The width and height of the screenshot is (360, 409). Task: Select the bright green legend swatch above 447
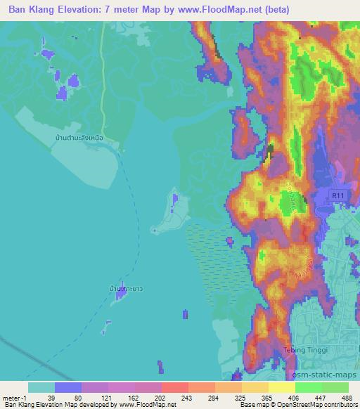(308, 387)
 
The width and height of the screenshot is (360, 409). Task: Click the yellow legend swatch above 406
(281, 387)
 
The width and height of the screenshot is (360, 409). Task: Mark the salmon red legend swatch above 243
(174, 387)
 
